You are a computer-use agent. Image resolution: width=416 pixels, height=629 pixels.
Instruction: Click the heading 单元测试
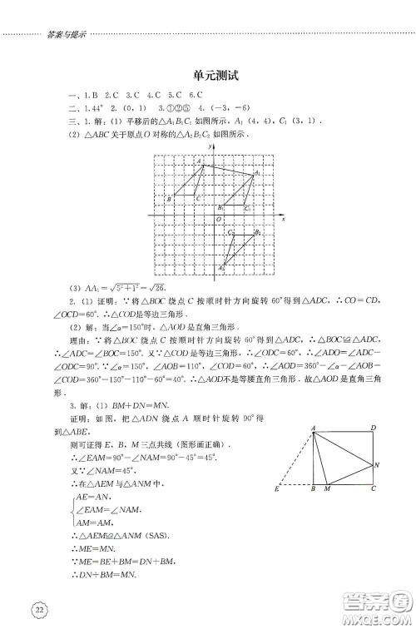(x=209, y=75)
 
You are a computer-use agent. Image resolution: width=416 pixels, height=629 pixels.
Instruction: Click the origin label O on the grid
(x=216, y=220)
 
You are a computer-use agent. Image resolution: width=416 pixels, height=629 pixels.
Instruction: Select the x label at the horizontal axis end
(x=283, y=217)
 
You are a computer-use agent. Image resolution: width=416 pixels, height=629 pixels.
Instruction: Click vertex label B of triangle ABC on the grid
(x=169, y=199)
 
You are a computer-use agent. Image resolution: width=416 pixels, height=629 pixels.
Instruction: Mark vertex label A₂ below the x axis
(x=221, y=268)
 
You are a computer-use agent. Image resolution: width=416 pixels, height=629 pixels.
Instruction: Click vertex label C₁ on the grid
(x=249, y=207)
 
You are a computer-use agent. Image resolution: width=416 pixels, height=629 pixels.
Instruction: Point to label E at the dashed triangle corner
(x=276, y=489)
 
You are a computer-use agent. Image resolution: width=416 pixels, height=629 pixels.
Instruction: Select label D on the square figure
(x=372, y=428)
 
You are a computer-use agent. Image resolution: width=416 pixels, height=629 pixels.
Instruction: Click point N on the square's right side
(x=378, y=463)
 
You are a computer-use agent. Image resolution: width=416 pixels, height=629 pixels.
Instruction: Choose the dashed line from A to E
(x=297, y=457)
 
